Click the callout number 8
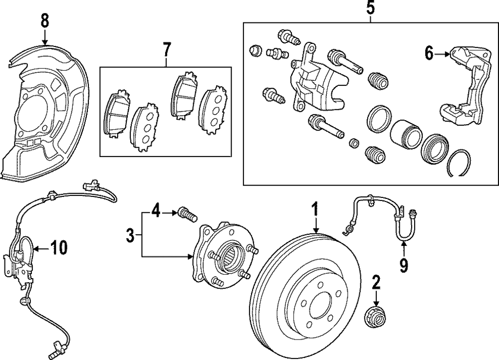(45, 20)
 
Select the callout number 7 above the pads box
(166, 49)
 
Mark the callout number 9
(403, 264)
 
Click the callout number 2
(376, 284)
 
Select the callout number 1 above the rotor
(315, 209)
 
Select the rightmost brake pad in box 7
(212, 110)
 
